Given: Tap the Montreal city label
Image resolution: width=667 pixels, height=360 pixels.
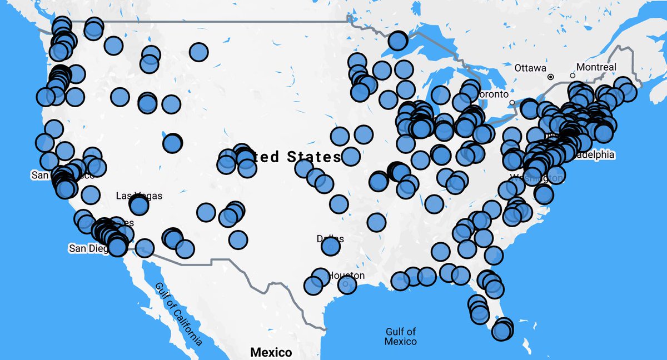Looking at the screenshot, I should click(596, 67).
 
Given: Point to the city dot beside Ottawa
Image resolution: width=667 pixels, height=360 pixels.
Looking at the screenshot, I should click(550, 77).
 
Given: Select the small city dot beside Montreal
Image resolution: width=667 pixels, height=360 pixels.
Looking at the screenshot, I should click(573, 76).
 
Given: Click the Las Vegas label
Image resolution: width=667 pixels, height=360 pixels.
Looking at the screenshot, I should click(139, 196).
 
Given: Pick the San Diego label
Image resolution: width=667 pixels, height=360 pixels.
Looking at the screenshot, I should click(88, 248).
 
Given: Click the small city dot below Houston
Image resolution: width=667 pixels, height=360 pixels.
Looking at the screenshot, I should click(346, 284).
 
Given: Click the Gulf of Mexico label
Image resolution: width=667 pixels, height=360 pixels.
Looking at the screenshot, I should click(401, 336).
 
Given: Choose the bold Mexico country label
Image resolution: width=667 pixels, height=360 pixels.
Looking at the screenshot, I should click(271, 352).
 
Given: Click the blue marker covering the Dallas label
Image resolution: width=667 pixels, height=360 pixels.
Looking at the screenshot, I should click(330, 246).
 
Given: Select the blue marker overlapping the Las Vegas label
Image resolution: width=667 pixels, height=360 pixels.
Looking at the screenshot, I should click(139, 206).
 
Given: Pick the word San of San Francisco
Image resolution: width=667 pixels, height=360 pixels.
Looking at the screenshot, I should click(39, 175).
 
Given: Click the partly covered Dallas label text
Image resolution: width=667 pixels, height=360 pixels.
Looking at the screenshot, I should click(330, 239).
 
